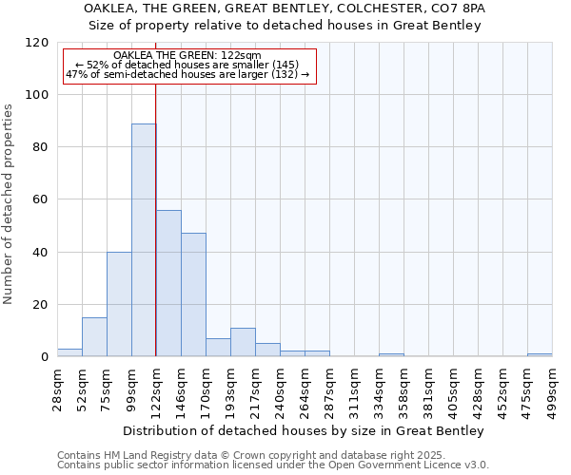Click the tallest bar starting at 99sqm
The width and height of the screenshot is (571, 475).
(144, 240)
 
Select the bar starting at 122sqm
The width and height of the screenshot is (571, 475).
(168, 283)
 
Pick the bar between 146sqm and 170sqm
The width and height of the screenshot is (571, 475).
(193, 294)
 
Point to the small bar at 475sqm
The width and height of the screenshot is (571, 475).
(540, 355)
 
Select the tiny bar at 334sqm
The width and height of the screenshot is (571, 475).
(391, 355)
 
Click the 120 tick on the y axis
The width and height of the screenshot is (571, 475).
(38, 43)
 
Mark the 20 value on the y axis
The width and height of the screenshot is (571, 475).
(42, 305)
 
